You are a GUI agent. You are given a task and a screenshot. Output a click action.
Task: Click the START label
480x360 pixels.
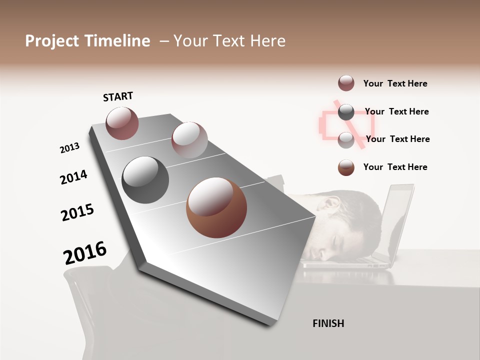[118, 96]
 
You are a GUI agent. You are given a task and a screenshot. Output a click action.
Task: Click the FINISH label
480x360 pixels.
[328, 323]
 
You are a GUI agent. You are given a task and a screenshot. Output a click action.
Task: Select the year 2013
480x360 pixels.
[69, 148]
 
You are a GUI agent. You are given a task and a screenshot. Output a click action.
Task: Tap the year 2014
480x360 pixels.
[73, 177]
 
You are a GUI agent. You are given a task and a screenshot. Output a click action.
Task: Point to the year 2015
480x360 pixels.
[77, 212]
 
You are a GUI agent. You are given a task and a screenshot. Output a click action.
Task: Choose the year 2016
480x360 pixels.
[85, 253]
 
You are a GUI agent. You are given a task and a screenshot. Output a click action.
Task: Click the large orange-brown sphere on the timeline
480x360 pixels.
[216, 208]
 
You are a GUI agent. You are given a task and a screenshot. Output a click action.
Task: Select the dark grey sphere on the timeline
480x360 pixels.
[145, 179]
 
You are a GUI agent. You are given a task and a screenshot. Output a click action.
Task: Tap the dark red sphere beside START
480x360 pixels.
[122, 123]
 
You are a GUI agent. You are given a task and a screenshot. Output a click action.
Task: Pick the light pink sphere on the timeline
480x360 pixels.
[189, 139]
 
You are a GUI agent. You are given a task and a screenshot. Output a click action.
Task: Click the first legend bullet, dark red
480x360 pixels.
[346, 83]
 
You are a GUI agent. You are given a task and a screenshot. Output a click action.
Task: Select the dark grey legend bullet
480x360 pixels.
[346, 112]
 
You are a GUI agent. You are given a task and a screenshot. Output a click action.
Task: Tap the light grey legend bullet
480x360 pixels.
[346, 140]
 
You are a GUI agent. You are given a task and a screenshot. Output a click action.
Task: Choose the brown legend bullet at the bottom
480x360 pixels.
[346, 167]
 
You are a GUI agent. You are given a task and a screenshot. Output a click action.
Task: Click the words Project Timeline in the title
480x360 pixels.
[87, 41]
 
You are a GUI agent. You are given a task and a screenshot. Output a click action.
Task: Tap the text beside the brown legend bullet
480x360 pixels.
[395, 167]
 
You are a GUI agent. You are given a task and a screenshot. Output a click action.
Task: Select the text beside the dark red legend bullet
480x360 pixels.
[395, 83]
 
